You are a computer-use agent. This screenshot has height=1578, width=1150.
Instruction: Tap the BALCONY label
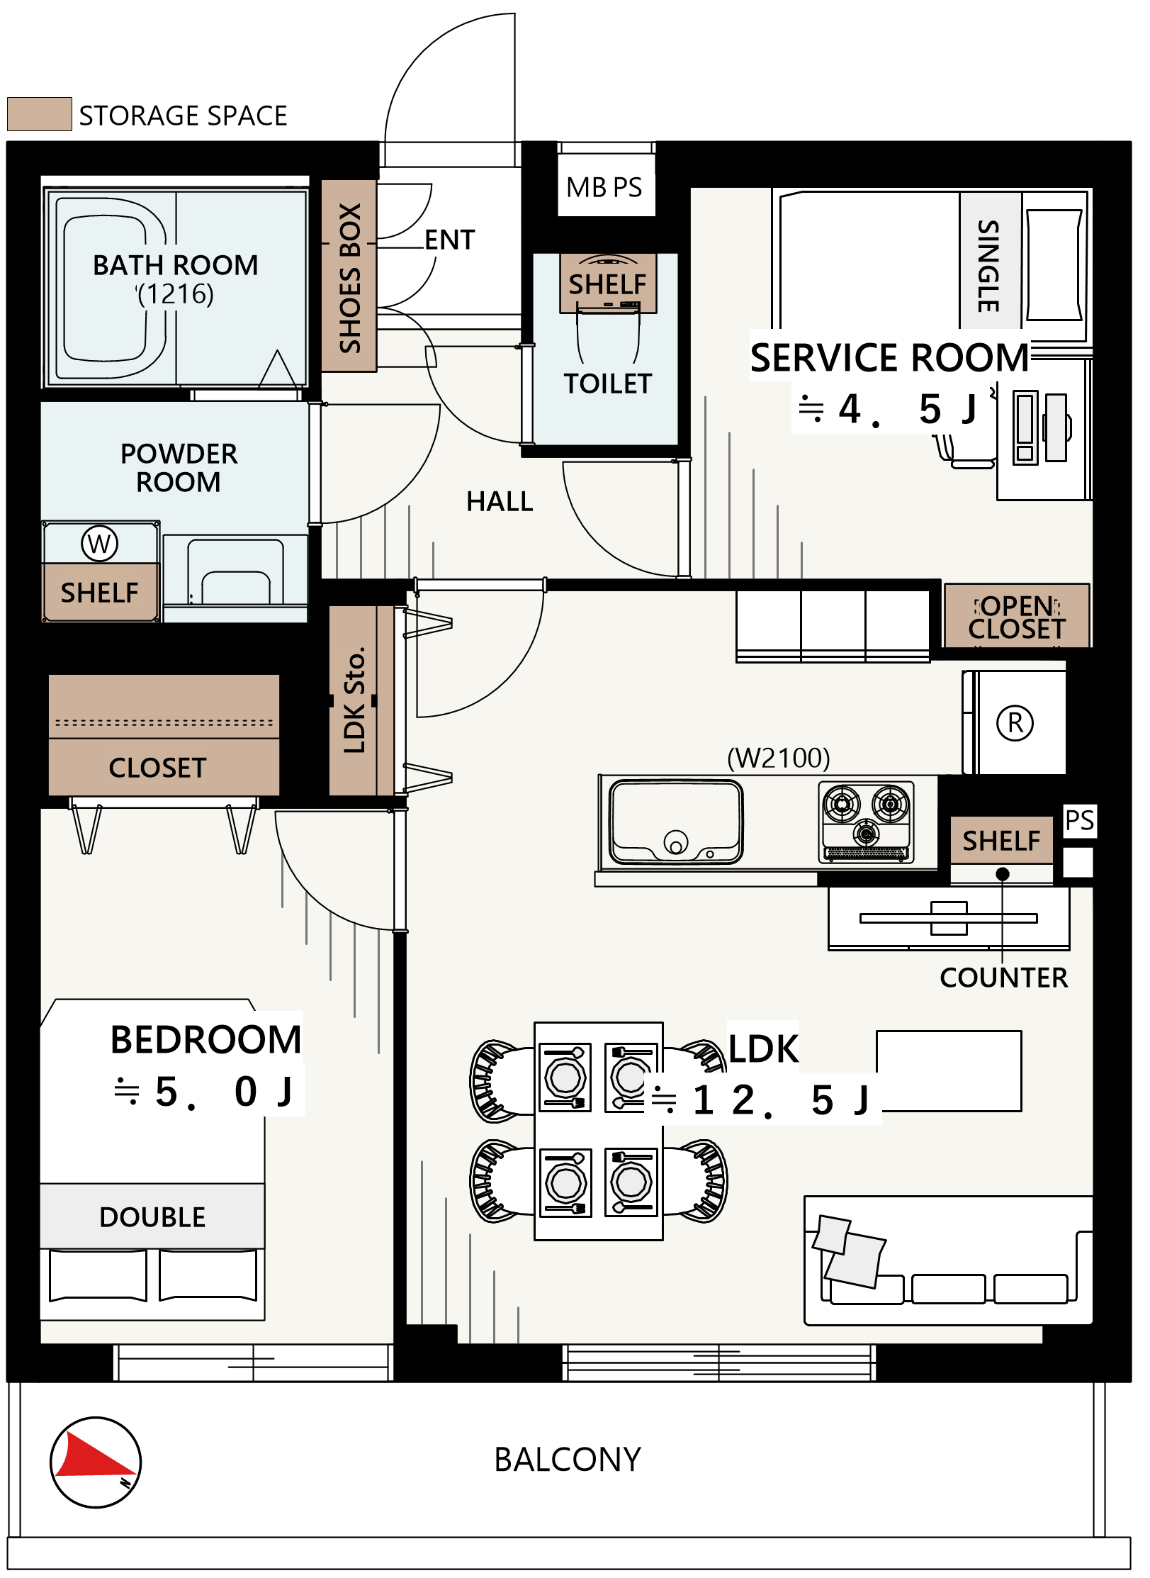click(x=568, y=1460)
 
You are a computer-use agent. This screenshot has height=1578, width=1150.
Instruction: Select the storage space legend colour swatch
click(x=39, y=114)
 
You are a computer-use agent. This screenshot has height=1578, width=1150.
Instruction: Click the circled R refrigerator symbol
click(x=1015, y=723)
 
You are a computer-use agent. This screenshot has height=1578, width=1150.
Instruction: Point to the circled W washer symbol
click(x=99, y=544)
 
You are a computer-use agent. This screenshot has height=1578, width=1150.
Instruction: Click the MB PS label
click(x=604, y=188)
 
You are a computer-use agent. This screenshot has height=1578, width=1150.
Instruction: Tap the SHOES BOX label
click(x=350, y=278)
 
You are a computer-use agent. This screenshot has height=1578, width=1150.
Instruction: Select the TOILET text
click(x=607, y=384)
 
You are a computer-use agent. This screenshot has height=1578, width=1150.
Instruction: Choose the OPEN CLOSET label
click(x=1017, y=617)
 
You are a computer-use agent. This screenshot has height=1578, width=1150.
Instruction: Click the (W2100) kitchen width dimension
click(x=778, y=758)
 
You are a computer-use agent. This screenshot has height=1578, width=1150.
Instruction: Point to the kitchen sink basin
click(x=677, y=822)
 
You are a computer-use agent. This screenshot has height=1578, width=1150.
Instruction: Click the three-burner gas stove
click(x=866, y=822)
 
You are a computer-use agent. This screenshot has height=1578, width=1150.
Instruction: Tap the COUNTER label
click(x=1003, y=978)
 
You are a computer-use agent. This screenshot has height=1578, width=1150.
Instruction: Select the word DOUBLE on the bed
click(x=152, y=1217)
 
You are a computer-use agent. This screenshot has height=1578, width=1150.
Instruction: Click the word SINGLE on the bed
click(x=988, y=266)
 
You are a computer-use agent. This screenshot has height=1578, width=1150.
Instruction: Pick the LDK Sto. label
click(x=354, y=700)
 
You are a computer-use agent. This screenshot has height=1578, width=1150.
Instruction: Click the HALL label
click(x=500, y=502)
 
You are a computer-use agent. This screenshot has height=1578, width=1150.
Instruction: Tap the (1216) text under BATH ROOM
click(x=175, y=293)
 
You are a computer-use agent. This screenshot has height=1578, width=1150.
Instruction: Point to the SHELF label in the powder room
click(x=99, y=593)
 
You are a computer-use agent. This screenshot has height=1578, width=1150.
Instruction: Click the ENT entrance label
click(x=450, y=240)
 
